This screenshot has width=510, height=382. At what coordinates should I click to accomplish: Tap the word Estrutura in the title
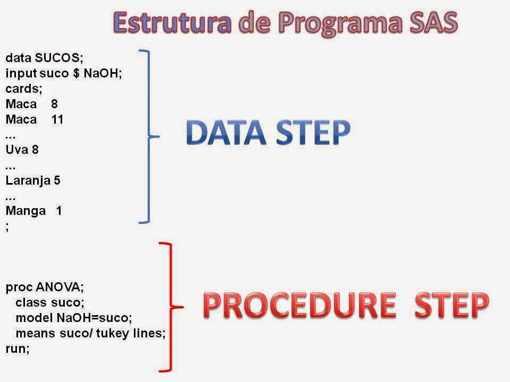point(172,22)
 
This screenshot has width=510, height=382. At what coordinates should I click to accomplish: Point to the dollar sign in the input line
point(76,73)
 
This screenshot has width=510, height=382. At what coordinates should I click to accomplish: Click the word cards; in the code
point(24,89)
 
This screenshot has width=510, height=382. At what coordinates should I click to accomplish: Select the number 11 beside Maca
point(57,119)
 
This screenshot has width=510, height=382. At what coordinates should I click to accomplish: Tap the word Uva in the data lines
point(17,150)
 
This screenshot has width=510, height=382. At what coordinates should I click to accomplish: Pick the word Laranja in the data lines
point(28,181)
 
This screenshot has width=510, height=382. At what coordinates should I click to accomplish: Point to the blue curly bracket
point(149,136)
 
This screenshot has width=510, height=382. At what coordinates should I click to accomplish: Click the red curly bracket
point(171,307)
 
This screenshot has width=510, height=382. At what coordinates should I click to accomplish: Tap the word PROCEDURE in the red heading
point(300,305)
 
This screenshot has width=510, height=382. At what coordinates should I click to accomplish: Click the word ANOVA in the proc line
point(59,287)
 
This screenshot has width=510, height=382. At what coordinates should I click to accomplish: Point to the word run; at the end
point(18,349)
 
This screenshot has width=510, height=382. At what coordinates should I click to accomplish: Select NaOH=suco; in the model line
point(95,318)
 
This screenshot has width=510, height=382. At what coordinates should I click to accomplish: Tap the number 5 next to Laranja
point(57,180)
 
